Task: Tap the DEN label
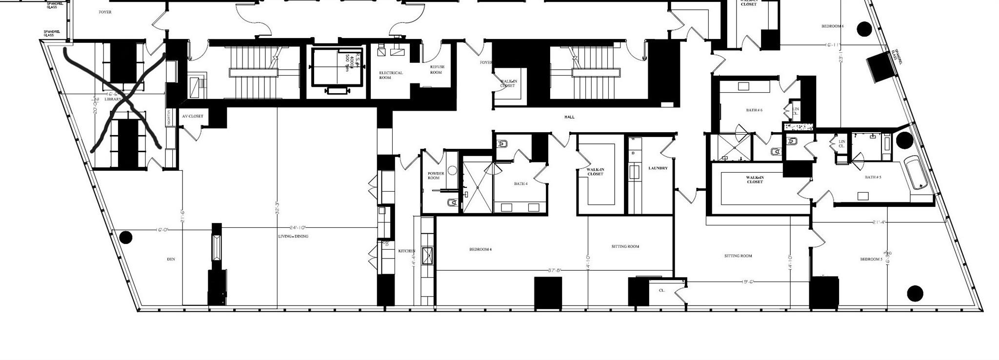pos(171,259)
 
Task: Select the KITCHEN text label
pos(406,251)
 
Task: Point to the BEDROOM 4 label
pos(480,249)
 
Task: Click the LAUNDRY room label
pos(658,168)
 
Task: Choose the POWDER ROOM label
pos(436,176)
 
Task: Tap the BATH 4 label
pos(520,184)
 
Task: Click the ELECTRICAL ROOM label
pos(391,75)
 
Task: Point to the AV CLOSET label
pos(193,117)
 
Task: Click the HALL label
pos(569,117)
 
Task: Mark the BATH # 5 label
pos(873,177)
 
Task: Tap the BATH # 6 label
pos(754,110)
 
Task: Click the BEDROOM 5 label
pos(871,259)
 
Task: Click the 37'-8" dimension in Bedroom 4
pos(555,269)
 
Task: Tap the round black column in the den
pos(126,238)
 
